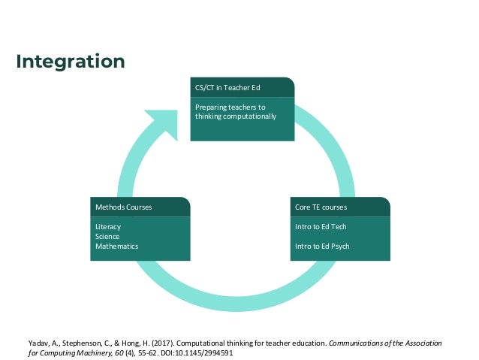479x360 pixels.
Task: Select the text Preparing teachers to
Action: click(x=230, y=107)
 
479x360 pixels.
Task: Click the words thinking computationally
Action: click(x=236, y=116)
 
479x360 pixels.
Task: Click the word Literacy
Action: click(x=108, y=226)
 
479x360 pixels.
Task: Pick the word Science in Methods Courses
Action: click(x=107, y=236)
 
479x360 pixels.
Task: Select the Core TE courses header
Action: click(x=321, y=206)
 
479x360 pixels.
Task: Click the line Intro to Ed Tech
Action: click(x=321, y=226)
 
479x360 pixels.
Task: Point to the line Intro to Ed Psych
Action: click(x=322, y=246)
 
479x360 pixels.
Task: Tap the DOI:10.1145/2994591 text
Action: click(x=198, y=352)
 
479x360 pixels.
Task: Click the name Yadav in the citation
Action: click(x=35, y=343)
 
